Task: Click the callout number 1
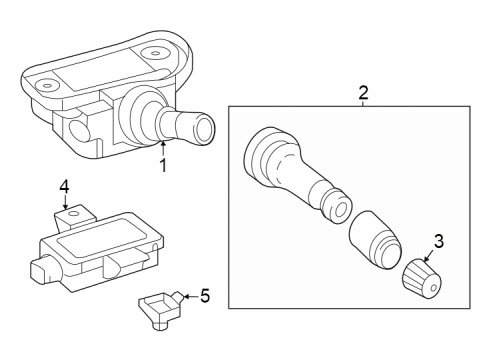(x=163, y=165)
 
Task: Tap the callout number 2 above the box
(x=363, y=93)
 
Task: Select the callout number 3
(x=439, y=241)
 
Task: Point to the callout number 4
(x=64, y=186)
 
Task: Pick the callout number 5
(x=205, y=296)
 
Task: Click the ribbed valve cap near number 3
(x=422, y=278)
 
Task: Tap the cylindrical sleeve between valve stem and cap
(x=375, y=239)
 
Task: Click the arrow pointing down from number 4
(x=65, y=201)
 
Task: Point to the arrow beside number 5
(x=191, y=296)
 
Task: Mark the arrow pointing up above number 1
(x=163, y=148)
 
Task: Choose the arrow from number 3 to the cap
(x=429, y=254)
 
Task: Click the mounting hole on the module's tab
(x=73, y=213)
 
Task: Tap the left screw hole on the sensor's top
(x=47, y=84)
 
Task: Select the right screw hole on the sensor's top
(x=154, y=53)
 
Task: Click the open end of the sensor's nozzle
(x=204, y=129)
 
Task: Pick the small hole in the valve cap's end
(x=434, y=287)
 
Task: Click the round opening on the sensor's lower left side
(x=80, y=131)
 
